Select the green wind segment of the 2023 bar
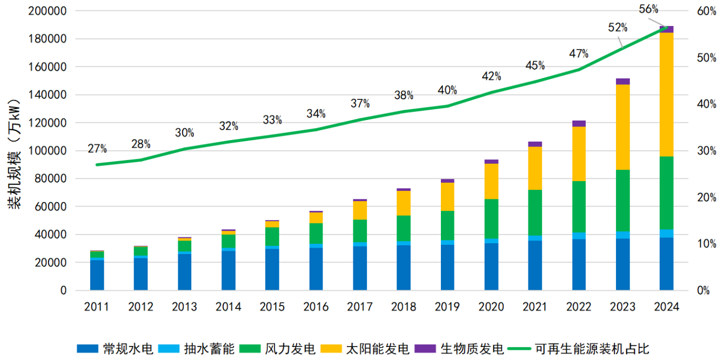tap(622, 201)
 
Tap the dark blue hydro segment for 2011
tap(97, 275)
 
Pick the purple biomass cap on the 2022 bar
tap(579, 124)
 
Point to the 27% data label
tap(97, 149)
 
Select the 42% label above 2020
tap(491, 76)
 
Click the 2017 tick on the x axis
tap(360, 307)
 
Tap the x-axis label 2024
tap(666, 307)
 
